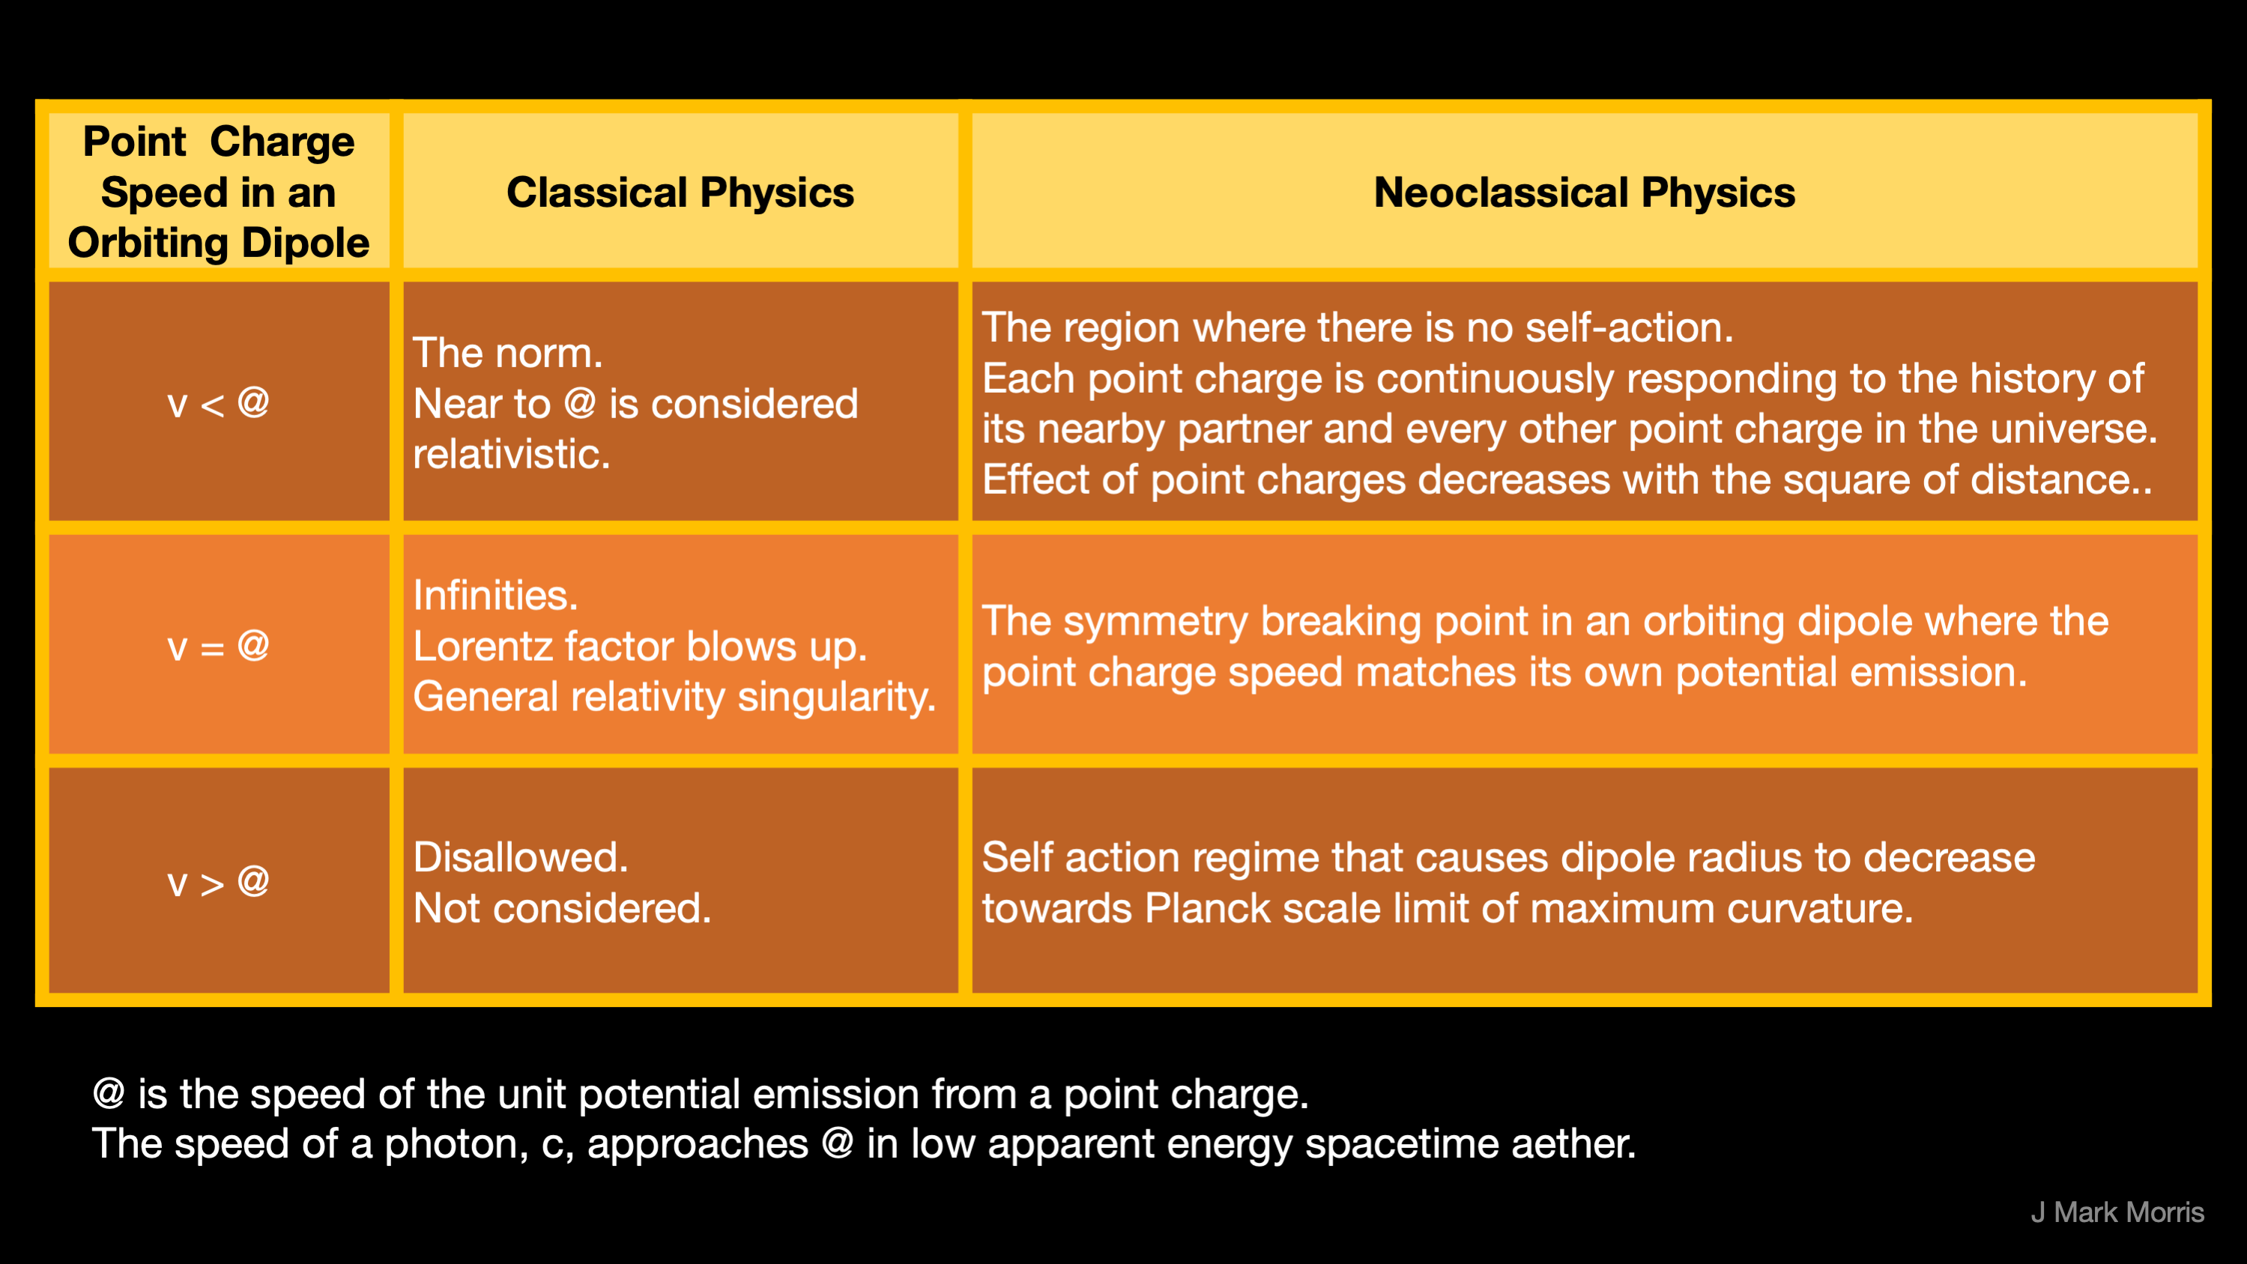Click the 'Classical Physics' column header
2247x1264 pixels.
tap(680, 192)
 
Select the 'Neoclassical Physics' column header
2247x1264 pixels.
tap(1584, 192)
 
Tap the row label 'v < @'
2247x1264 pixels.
tap(218, 403)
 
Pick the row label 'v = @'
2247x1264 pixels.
tap(218, 647)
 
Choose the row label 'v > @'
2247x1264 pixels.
tap(218, 882)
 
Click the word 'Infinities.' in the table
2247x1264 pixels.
tap(495, 596)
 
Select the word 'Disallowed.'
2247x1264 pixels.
tap(520, 857)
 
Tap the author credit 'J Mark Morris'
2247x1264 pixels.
tap(2117, 1212)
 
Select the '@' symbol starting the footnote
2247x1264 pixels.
tap(109, 1093)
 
